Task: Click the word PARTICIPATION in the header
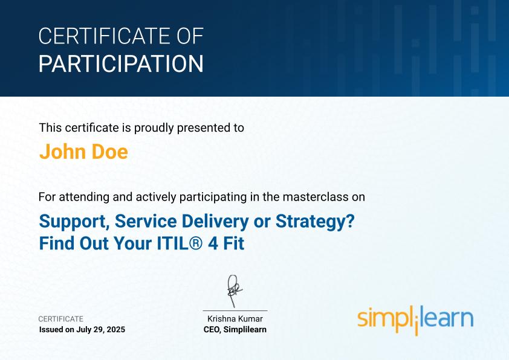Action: [121, 63]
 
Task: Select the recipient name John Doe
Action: [84, 152]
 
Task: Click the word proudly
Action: [154, 128]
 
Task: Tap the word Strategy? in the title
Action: [315, 222]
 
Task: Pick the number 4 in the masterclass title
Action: [213, 243]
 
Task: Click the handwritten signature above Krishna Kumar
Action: [235, 291]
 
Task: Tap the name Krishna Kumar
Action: [235, 319]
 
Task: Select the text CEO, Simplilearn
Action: [235, 330]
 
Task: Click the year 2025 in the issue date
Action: [116, 330]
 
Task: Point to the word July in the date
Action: [83, 330]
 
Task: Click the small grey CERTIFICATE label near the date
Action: [60, 319]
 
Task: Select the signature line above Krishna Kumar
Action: [235, 310]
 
